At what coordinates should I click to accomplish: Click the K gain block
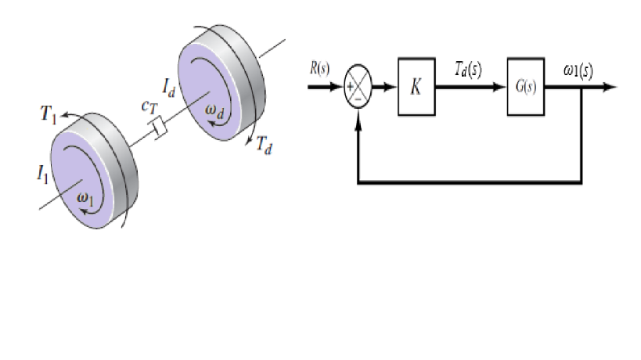(x=416, y=86)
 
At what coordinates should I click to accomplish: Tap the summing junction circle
(x=358, y=87)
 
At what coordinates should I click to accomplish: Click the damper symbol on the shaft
(x=159, y=126)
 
